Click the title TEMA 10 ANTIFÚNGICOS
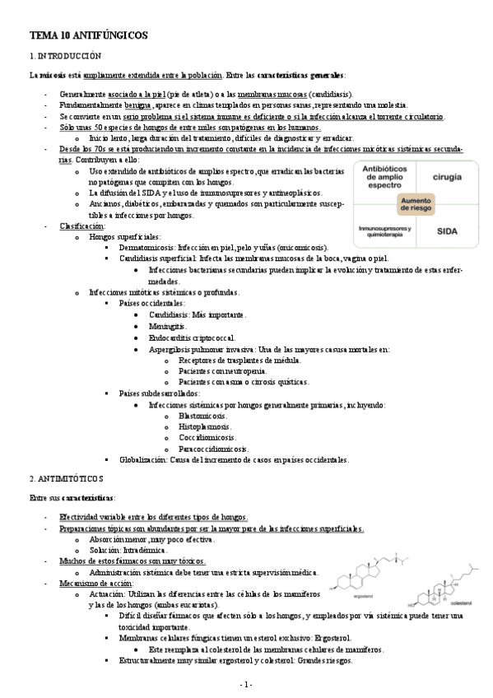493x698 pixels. pos(88,37)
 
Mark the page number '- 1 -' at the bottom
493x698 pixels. pos(246,684)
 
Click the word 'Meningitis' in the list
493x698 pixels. pos(167,327)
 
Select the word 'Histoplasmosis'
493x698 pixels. pos(205,427)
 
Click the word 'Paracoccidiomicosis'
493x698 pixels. pos(213,449)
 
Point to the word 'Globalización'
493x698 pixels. pos(143,460)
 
